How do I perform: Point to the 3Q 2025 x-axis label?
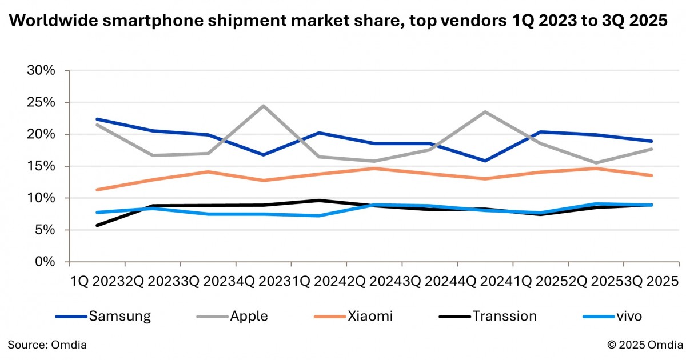[650, 281]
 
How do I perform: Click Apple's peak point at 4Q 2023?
[264, 106]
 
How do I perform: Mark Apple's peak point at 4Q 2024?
[485, 112]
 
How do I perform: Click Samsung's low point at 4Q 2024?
[485, 161]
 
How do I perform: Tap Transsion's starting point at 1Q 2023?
[97, 225]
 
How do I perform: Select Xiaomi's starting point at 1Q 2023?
[97, 190]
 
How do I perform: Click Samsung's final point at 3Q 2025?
[651, 141]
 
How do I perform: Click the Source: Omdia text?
[47, 345]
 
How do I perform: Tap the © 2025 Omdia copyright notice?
[645, 345]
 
